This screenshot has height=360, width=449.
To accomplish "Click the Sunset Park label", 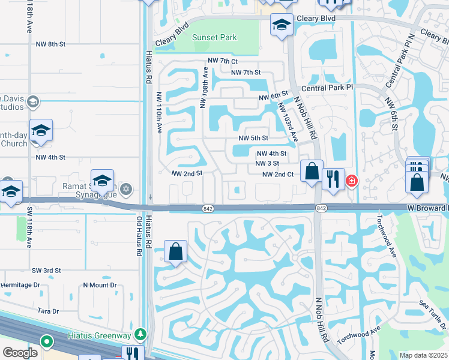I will pyautogui.click(x=214, y=37).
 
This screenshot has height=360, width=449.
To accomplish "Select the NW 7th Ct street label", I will pyautogui.click(x=223, y=61).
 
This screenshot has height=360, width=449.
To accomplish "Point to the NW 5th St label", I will pyautogui.click(x=253, y=138).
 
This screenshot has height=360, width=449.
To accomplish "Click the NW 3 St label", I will pyautogui.click(x=268, y=163).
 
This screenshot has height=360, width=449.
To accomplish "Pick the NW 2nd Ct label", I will pyautogui.click(x=277, y=175).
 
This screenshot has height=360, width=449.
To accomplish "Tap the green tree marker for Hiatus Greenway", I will pyautogui.click(x=140, y=333).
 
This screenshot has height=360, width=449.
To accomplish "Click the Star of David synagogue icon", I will pyautogui.click(x=125, y=190).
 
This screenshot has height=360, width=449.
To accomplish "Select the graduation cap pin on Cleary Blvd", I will pyautogui.click(x=281, y=25).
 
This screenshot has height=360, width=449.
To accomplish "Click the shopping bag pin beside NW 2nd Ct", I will pyautogui.click(x=312, y=172).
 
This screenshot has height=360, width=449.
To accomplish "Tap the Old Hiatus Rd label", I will pyautogui.click(x=139, y=236).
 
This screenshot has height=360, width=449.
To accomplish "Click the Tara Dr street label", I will pyautogui.click(x=48, y=311).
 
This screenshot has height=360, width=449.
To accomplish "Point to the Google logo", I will pyautogui.click(x=20, y=353).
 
